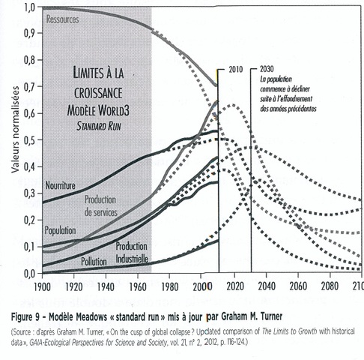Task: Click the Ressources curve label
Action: point(63,19)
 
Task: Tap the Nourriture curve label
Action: point(60,185)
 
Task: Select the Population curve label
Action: point(60,230)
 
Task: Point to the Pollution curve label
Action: point(94,262)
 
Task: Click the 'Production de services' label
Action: point(101,205)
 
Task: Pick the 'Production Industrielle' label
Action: point(132,253)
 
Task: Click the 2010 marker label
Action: point(236,69)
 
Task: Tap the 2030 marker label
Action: point(267,69)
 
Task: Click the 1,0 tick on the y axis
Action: point(31,8)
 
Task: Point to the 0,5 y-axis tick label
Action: point(30,140)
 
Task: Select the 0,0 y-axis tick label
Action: point(30,274)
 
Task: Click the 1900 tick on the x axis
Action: point(42,286)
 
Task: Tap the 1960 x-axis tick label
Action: point(138,286)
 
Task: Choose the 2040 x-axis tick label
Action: point(267,286)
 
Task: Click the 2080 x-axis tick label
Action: point(330,286)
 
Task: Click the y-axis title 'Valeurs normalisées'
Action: point(16,129)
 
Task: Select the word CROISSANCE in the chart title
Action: point(98,93)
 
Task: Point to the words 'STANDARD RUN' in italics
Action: point(99,126)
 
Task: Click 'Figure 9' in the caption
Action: point(25,317)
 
